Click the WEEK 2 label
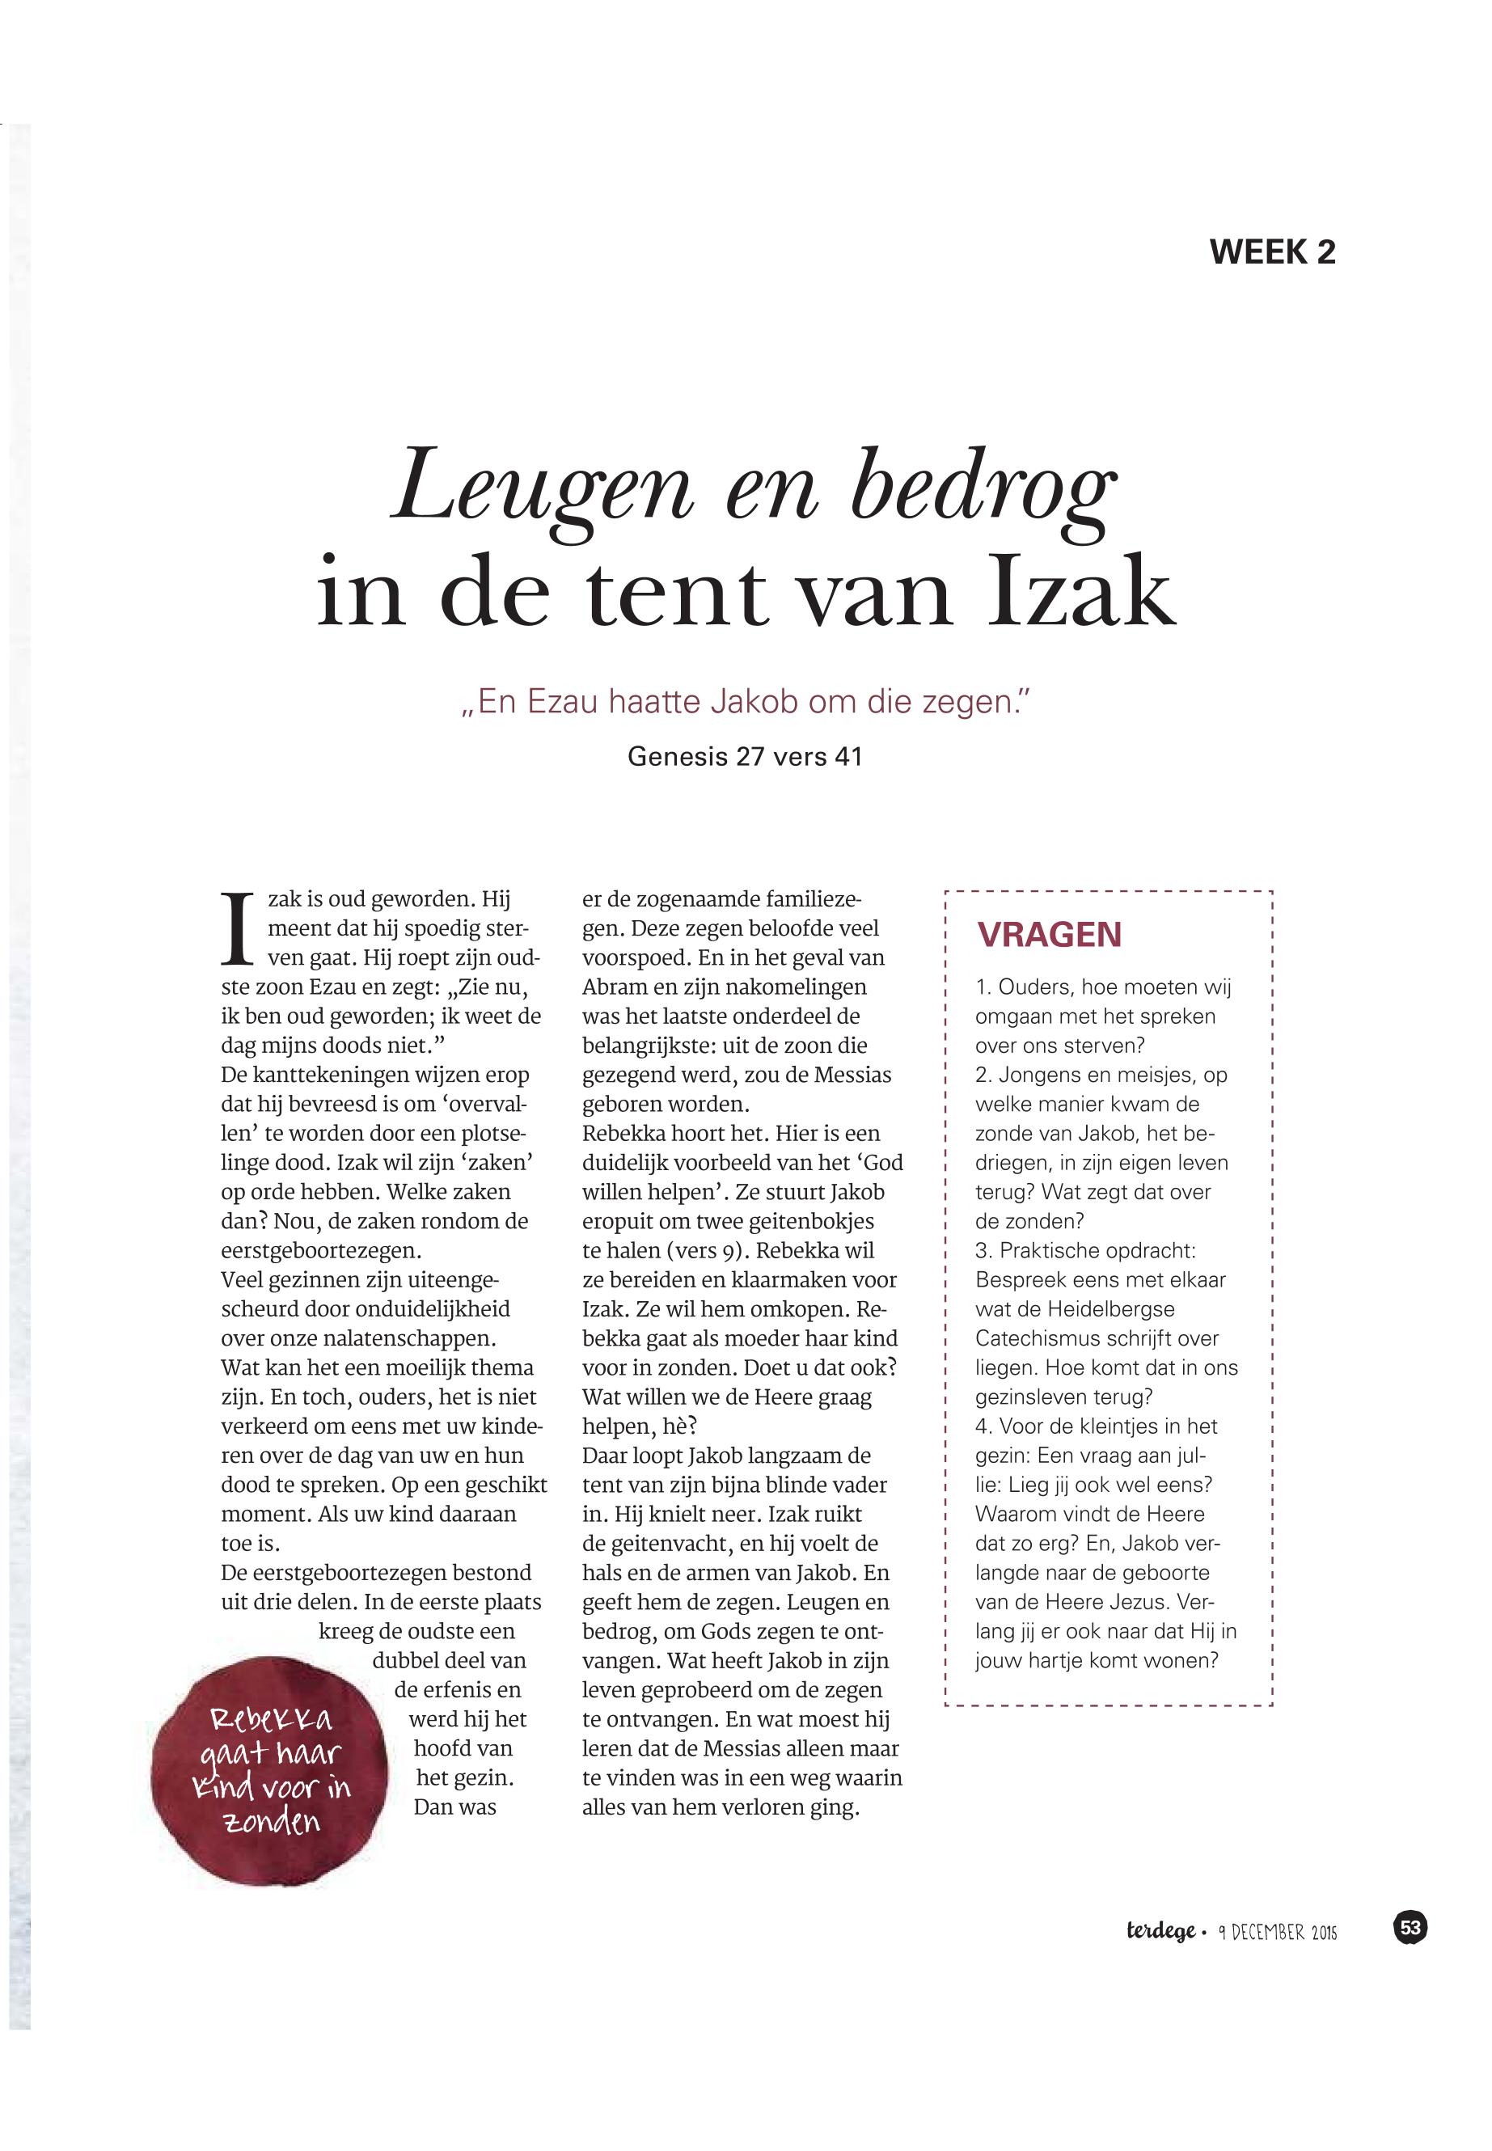click(x=1271, y=252)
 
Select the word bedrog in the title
click(x=983, y=490)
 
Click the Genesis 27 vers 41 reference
click(x=744, y=756)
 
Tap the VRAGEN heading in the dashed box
click(x=1049, y=935)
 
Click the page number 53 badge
click(x=1410, y=1928)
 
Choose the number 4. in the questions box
click(x=983, y=1426)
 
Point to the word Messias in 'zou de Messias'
click(x=852, y=1075)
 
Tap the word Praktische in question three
click(x=1055, y=1251)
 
